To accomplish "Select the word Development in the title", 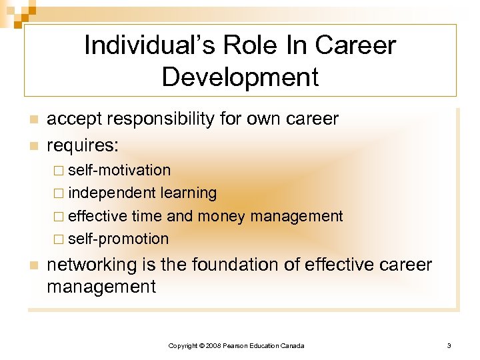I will click(240, 77).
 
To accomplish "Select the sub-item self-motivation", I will click(119, 171).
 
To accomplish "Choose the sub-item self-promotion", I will click(118, 239).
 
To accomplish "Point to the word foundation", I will click(244, 265).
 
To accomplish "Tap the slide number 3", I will click(449, 345).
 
